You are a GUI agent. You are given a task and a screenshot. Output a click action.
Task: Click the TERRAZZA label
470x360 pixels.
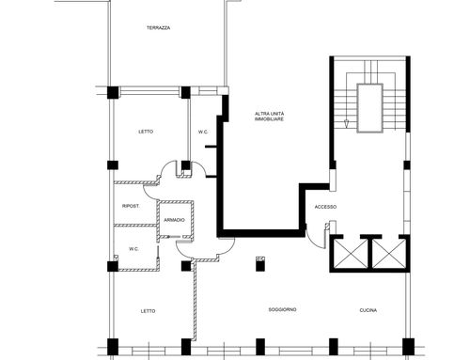(x=159, y=28)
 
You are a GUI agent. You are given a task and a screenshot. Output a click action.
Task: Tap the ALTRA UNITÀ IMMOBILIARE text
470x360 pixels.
(x=270, y=117)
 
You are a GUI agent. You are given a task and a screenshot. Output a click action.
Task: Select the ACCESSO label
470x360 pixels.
(x=325, y=207)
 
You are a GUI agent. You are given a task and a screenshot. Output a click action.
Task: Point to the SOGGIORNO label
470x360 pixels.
(x=283, y=309)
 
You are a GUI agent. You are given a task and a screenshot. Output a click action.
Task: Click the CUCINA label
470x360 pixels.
(x=368, y=310)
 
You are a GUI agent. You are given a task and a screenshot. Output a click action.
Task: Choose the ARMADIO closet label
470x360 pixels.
(x=175, y=220)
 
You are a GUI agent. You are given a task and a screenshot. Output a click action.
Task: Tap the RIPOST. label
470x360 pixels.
(x=131, y=206)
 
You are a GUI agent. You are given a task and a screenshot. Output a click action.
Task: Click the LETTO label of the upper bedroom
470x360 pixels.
(x=146, y=132)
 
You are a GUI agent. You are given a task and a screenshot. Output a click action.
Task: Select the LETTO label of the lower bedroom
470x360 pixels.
(x=148, y=311)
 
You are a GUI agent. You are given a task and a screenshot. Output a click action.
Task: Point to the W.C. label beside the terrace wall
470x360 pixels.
(x=203, y=132)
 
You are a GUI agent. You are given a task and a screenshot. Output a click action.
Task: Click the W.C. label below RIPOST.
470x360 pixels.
(x=133, y=249)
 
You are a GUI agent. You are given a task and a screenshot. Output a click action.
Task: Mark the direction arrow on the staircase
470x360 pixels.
(x=346, y=124)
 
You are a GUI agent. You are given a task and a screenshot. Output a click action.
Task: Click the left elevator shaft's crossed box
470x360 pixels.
(x=351, y=254)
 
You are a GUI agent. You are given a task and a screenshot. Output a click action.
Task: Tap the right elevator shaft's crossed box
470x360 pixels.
(x=389, y=254)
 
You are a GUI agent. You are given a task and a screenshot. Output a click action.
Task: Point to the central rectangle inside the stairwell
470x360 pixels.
(x=370, y=108)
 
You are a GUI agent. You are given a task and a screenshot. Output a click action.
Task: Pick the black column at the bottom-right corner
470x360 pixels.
(x=408, y=347)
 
